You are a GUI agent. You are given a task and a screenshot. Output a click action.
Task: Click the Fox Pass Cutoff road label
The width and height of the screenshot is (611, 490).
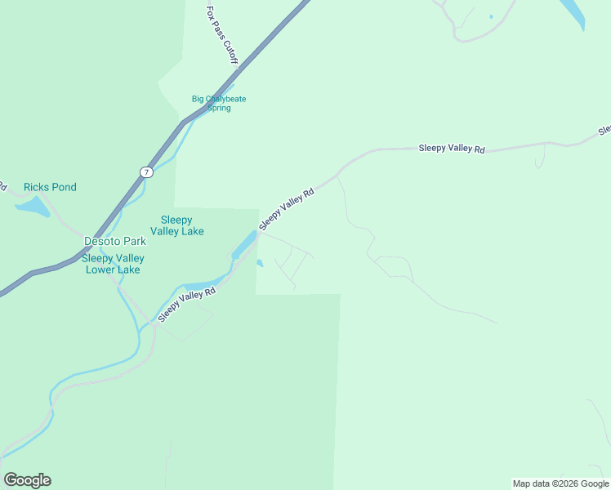point(222,35)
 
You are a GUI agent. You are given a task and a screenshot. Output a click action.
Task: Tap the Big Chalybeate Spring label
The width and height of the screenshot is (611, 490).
point(219,104)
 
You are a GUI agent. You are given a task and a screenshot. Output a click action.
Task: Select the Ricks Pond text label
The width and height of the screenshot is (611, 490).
point(50,187)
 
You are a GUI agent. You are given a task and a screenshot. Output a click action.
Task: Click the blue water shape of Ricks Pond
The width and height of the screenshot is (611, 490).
point(32,207)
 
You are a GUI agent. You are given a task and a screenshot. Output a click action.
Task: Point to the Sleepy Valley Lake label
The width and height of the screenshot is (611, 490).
point(182,225)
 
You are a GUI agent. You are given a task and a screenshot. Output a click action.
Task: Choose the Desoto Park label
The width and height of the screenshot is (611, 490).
point(115,241)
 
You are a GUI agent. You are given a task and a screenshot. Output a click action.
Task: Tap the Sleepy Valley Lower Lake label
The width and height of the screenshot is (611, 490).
point(112,264)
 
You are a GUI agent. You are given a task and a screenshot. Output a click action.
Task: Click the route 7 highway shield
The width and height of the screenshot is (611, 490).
point(145,172)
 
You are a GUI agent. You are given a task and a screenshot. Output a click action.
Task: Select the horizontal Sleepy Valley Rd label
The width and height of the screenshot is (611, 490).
point(452,149)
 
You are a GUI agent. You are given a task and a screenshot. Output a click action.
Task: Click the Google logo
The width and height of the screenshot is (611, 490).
point(27,480)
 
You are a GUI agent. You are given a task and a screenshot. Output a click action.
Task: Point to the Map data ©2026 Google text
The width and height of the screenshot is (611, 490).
point(560,483)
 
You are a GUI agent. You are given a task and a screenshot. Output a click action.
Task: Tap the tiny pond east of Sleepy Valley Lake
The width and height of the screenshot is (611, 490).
point(259,263)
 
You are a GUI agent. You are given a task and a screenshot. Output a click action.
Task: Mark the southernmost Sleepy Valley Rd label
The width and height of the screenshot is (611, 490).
point(187,304)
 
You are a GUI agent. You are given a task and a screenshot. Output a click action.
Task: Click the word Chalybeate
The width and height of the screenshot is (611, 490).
point(224,99)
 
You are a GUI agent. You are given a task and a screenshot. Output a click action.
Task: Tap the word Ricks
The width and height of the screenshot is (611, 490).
point(37,187)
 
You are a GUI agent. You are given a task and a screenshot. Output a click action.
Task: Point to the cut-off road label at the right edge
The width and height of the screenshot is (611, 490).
point(604,129)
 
